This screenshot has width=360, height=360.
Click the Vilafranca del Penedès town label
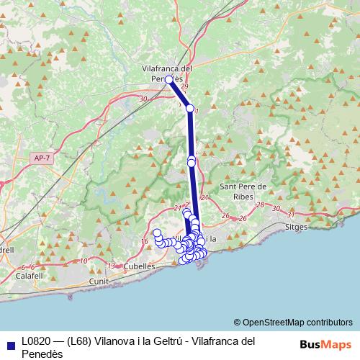point(167,72)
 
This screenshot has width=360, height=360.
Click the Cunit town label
point(98,281)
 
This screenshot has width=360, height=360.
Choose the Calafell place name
point(30,275)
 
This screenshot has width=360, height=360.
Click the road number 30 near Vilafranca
point(143,99)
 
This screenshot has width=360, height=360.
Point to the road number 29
point(184,87)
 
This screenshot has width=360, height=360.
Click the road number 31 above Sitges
point(291,215)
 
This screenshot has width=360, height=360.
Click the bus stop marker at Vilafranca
point(168,80)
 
